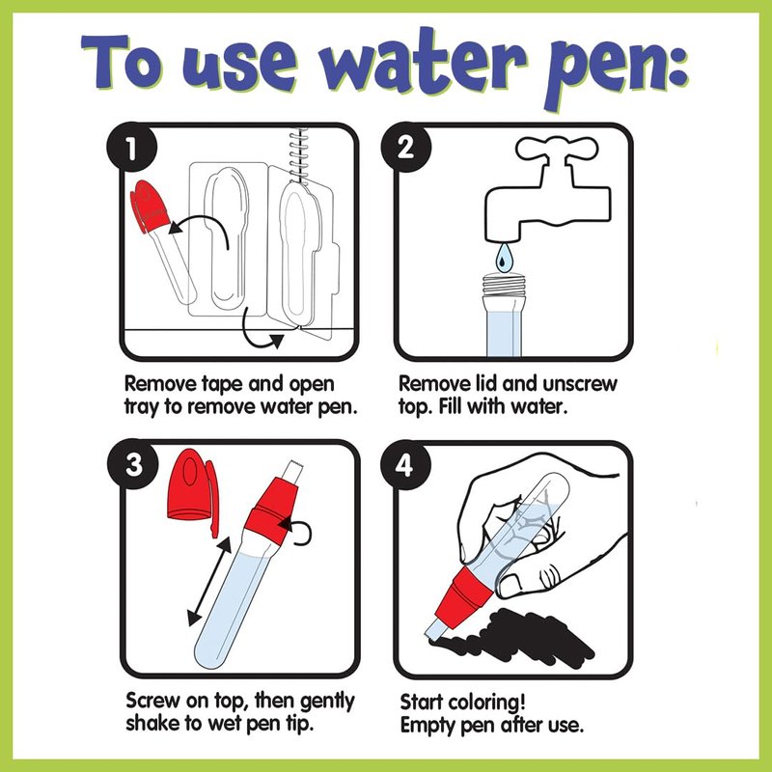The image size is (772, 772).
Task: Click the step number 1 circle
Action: tap(131, 148)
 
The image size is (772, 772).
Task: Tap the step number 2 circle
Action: tap(405, 148)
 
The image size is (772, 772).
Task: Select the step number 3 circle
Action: tap(133, 465)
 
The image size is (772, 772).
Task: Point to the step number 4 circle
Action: tap(405, 465)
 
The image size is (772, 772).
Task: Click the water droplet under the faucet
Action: tap(503, 259)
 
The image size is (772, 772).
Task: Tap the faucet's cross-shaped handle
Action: tap(557, 149)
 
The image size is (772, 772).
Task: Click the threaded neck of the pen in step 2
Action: tap(503, 285)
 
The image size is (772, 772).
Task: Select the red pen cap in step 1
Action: tap(149, 206)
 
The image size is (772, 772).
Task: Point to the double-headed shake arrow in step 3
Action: tap(209, 581)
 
